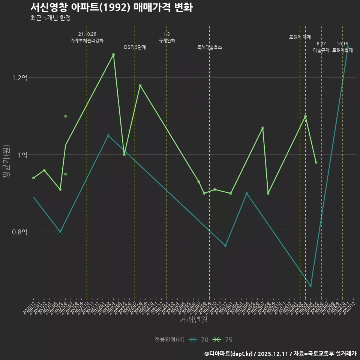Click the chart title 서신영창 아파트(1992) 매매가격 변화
pos(111,7)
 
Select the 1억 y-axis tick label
pos(23,155)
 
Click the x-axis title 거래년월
pos(193,320)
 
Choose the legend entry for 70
pos(199,340)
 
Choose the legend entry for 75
pos(223,340)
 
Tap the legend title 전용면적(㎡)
pos(169,340)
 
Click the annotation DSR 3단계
pos(135,47)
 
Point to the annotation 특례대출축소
pos(210,47)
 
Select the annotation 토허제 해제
pos(300,37)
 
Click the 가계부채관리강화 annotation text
pos(87,40)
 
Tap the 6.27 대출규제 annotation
pos(321,47)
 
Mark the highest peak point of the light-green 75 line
pos(113,55)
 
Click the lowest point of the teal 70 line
pos(310,286)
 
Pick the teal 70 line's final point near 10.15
pos(348,48)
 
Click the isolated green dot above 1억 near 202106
pos(66,116)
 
